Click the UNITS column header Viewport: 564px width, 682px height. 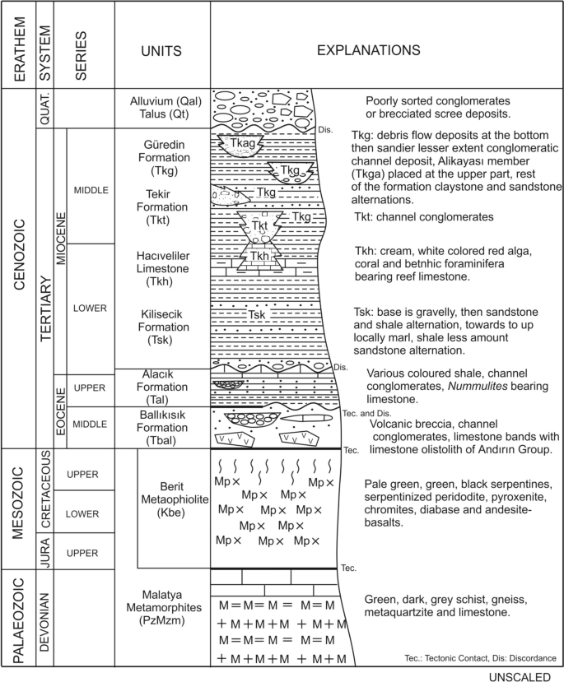(x=162, y=49)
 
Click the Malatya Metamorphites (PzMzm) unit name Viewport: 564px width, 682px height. (x=162, y=607)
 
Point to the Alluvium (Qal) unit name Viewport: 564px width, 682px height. (x=162, y=101)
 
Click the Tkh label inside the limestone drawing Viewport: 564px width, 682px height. (x=260, y=256)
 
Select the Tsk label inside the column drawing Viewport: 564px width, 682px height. (x=259, y=314)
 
